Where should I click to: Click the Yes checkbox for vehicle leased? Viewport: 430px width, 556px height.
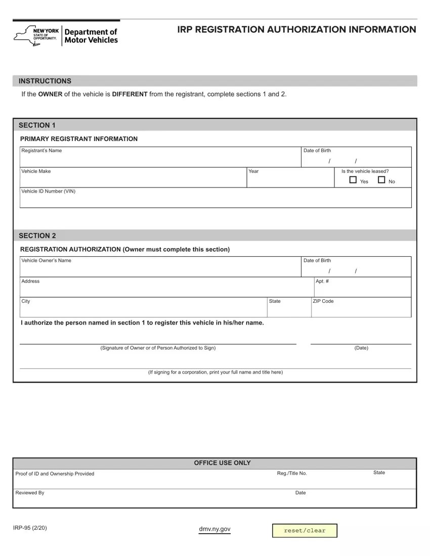[353, 180]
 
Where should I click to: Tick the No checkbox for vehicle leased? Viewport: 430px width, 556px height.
[381, 180]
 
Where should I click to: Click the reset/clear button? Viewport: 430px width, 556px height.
[305, 530]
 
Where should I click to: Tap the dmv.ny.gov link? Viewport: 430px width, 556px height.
[215, 529]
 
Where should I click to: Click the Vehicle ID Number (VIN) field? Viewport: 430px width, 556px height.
[215, 200]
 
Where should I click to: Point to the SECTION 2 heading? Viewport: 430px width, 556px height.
[37, 236]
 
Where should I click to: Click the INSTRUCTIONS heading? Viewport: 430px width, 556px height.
[45, 81]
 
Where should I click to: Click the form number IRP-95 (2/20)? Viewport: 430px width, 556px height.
[31, 528]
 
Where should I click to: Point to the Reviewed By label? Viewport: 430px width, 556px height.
[30, 492]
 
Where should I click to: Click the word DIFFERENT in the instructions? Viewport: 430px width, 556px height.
[130, 94]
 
